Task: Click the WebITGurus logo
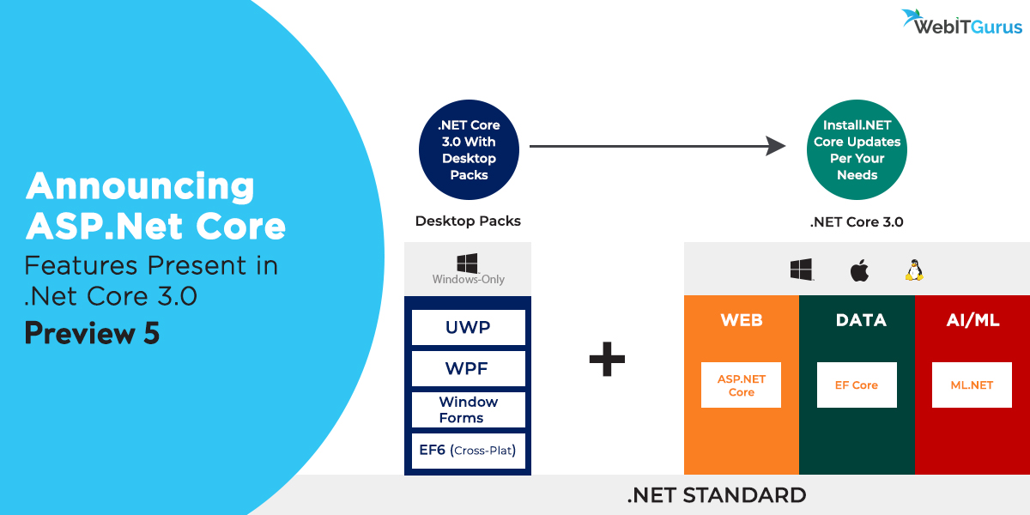pos(962,23)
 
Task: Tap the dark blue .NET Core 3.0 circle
pos(469,150)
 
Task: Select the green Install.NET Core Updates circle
pos(857,150)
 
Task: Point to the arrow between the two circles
pos(657,147)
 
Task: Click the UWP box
pos(468,328)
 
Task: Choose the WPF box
pos(468,369)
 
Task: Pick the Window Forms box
pos(468,409)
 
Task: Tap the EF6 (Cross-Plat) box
pos(468,451)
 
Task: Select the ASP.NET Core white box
pos(741,385)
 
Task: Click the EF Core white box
pos(857,385)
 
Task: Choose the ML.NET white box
pos(972,385)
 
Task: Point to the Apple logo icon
pos(859,271)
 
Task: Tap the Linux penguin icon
pos(913,271)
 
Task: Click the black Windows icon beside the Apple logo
pos(802,270)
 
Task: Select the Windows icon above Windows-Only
pos(468,262)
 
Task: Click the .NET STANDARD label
pos(716,495)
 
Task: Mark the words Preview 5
pos(92,333)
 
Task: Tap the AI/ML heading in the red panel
pos(972,320)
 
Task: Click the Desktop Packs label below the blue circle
pos(468,221)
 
